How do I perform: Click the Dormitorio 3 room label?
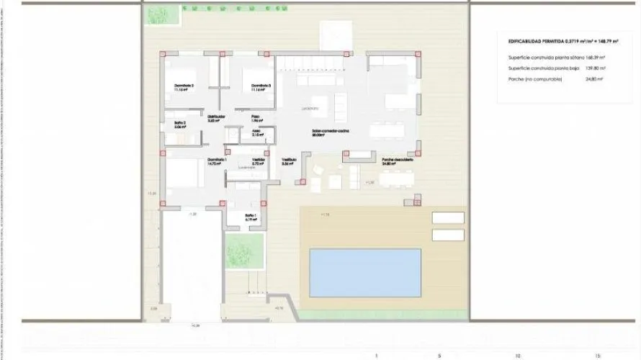coord(261,86)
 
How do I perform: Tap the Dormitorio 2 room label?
coord(185,86)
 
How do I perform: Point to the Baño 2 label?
coord(180,124)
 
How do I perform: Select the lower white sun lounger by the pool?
coord(448,235)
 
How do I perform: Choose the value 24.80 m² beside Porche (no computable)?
coord(593,79)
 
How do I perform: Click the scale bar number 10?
coord(516,355)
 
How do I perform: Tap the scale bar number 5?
coord(439,355)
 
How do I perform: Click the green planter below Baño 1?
coord(238,251)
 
